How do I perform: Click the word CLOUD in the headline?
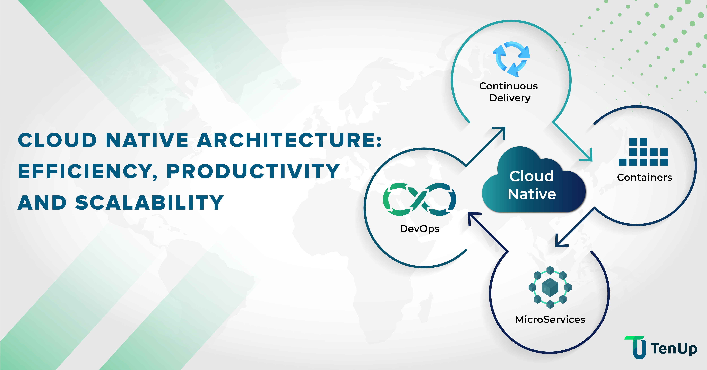pos(57,140)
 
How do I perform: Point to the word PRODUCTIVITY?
pos(253,171)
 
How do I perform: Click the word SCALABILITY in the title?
pos(150,203)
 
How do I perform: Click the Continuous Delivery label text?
pos(509,92)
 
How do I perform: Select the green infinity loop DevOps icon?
pos(419,199)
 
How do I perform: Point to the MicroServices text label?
pos(550,319)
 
